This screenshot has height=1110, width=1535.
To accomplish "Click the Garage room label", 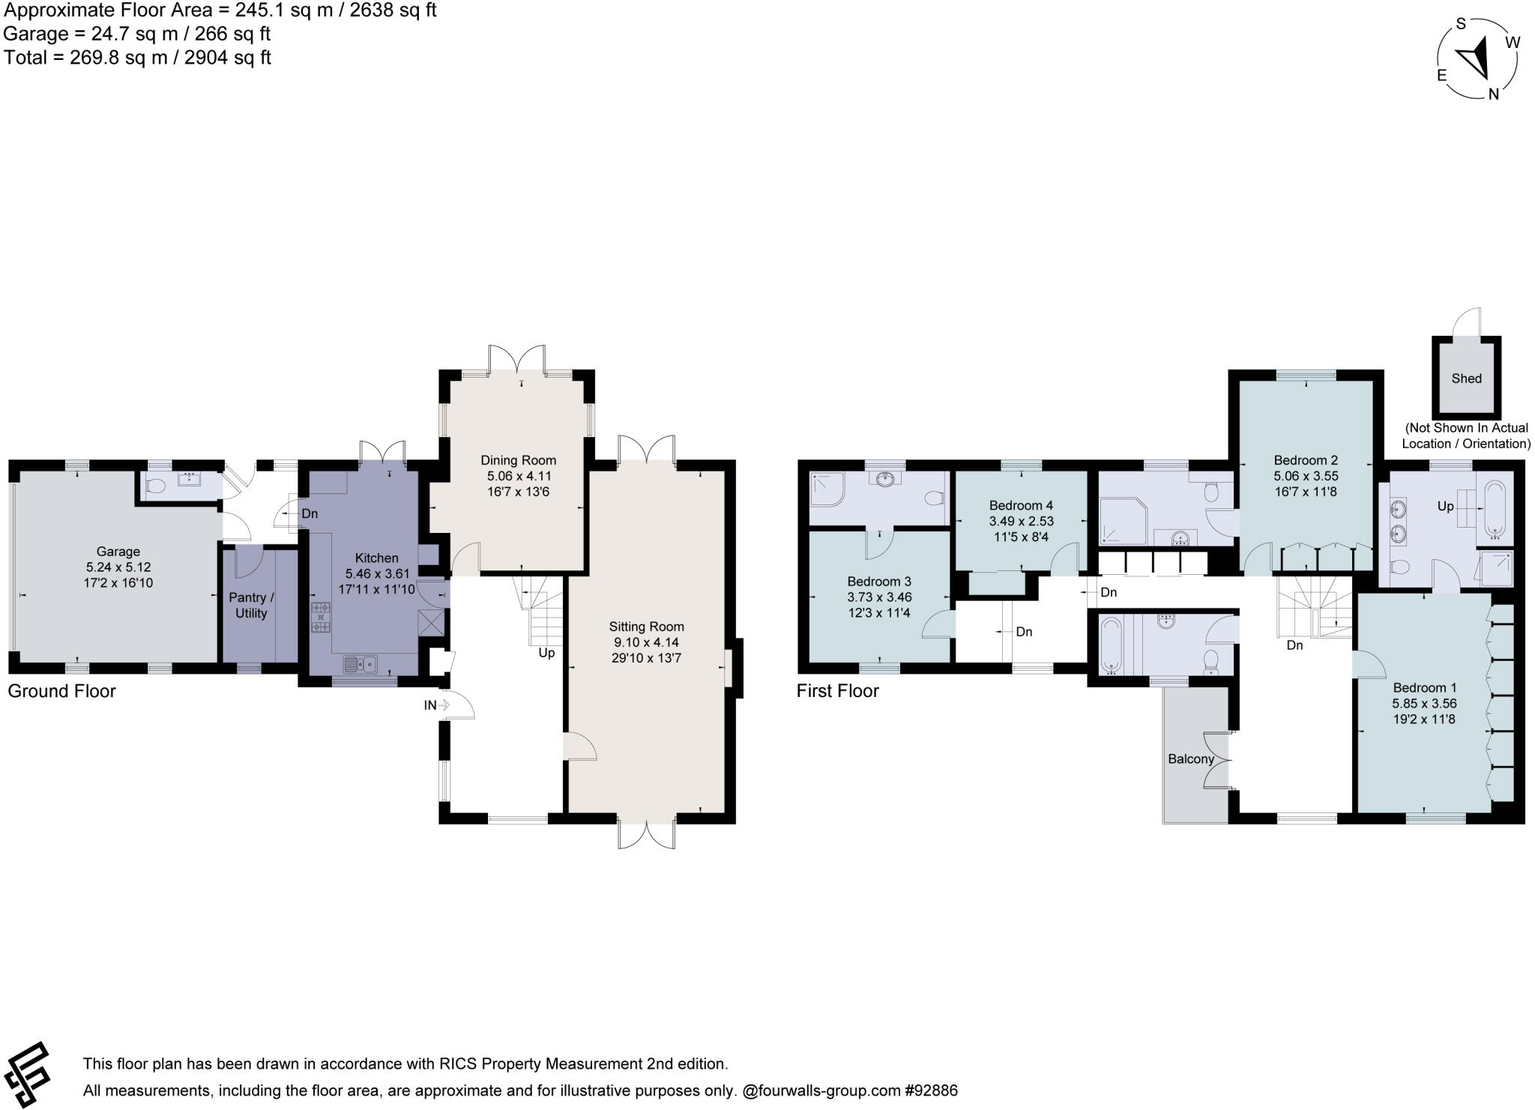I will pos(118,552).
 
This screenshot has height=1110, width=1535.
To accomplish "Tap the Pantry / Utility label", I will pos(251,606).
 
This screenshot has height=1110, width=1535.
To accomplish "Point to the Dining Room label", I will pos(519,460).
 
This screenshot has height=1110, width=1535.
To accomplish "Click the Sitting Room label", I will pos(646,627).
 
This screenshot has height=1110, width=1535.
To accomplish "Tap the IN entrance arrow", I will pos(436,705).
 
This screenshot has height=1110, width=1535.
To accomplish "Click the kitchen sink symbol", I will pos(361,663).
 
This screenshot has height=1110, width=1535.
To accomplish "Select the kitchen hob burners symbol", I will pos(321,617).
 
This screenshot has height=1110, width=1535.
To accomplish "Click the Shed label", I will pos(1466,378).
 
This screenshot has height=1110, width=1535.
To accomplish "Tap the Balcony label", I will pos(1191,758).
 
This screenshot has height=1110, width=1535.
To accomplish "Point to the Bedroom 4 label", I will pos(1021,505).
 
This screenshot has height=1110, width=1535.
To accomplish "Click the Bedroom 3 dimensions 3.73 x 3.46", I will pos(879,597).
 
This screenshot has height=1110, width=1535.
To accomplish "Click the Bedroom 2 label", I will pos(1306,460).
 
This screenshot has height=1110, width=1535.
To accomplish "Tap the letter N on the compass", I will pos(1493,94).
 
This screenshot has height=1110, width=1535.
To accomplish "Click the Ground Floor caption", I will pos(61,691).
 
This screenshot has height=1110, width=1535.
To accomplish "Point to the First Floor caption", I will pos(837,691).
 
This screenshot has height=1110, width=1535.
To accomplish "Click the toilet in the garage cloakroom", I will pos(156,486).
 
